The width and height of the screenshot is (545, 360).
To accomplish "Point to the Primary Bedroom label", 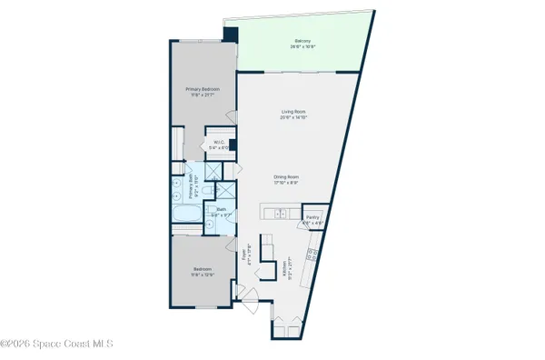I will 203,88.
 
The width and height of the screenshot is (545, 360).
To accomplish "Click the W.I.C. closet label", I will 219,143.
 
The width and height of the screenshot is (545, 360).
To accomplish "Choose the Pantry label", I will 311,216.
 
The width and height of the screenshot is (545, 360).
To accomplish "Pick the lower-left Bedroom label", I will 203,268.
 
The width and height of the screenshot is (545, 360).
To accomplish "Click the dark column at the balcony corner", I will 230,35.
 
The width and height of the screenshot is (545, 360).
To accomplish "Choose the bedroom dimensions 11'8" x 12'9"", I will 203,275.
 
